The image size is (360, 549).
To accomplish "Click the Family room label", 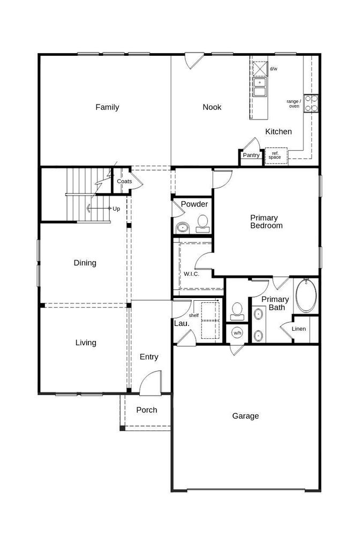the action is point(107,107).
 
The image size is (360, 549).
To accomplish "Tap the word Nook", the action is point(212,107).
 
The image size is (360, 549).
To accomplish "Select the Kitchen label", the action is point(279,132).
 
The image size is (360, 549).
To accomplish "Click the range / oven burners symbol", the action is point(311,103).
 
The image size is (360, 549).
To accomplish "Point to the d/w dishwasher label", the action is point(274,69).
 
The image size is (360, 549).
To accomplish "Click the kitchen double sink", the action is point(260,87).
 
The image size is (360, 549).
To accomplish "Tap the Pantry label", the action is point(251,155).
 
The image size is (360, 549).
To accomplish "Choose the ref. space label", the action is point(275,155).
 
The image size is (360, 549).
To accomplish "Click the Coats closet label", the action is point(124,181).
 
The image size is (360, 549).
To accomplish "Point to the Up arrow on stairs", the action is point(99,209).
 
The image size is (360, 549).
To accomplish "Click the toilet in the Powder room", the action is point(202,224).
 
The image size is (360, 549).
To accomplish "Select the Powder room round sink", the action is point(182,228).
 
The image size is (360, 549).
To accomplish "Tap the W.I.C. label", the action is point(191,274).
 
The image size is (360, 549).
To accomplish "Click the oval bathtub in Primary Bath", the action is point(306,295).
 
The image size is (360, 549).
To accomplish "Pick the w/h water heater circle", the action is point(237,333).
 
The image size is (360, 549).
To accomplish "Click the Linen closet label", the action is point(299,329).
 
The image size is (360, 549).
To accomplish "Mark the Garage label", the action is point(245,416).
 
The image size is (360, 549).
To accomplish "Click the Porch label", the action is point(147,410).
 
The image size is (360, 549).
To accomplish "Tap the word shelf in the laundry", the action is point(194,315).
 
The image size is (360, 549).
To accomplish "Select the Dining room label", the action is point(85,263).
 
